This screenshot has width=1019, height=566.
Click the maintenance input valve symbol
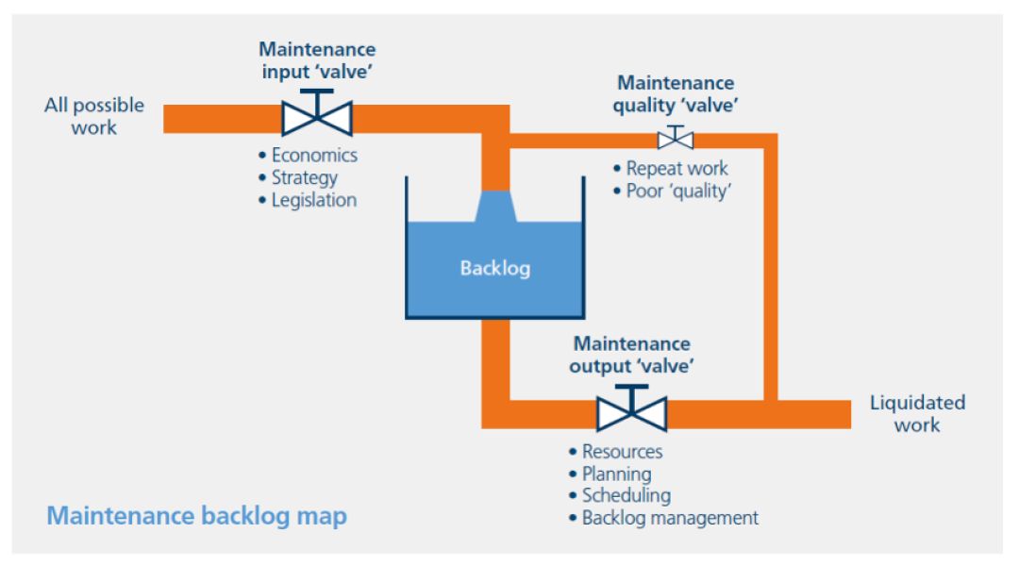(x=317, y=117)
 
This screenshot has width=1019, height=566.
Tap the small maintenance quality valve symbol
(x=675, y=139)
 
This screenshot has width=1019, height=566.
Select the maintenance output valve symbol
(x=631, y=412)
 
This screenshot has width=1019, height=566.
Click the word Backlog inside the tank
(x=494, y=268)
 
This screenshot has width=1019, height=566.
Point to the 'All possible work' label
(x=94, y=116)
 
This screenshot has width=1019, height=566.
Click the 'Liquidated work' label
(x=917, y=413)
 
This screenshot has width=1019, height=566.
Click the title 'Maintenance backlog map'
(x=196, y=516)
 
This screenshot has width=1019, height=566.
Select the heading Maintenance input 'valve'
(x=317, y=59)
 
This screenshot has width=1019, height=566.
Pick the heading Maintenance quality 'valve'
(x=675, y=94)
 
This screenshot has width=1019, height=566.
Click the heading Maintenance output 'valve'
(x=631, y=354)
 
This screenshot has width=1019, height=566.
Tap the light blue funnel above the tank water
(x=495, y=207)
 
